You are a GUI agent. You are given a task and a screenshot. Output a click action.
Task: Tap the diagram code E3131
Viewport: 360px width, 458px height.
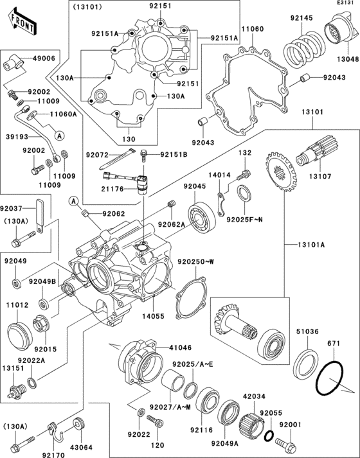(x=345, y=4)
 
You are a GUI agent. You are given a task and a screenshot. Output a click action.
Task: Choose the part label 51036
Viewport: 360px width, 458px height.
(x=307, y=331)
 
